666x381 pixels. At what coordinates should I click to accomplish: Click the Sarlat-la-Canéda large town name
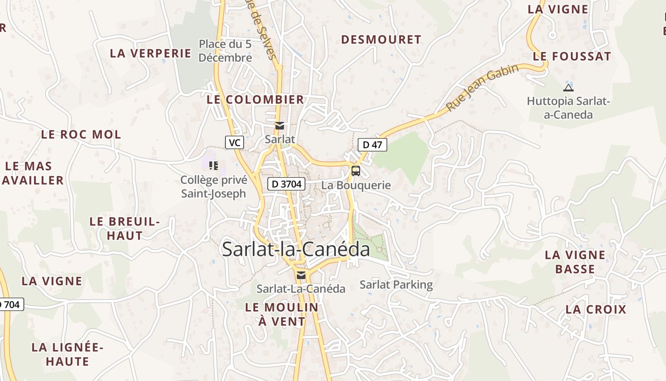296,250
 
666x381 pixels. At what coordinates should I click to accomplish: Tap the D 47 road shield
372,145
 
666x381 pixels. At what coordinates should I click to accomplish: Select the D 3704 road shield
286,184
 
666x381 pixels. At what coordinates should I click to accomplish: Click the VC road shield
234,142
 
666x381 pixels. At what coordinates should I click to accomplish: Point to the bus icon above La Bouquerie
356,170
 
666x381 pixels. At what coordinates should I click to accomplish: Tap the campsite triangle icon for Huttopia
568,88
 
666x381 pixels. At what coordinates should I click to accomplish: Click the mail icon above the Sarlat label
280,126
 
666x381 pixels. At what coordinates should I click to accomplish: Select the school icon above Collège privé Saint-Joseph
214,166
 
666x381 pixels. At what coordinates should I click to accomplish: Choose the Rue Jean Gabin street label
482,88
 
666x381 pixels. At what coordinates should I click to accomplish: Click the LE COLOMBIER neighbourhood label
255,100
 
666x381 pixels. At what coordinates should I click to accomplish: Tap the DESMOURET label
381,40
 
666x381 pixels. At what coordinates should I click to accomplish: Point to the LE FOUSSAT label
571,56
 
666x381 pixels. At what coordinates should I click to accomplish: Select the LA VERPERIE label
150,53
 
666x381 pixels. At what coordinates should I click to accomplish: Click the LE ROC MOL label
81,134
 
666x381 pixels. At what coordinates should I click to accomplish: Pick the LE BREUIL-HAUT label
125,228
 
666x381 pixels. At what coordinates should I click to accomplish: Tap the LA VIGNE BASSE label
575,262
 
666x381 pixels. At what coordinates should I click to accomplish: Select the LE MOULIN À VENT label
282,314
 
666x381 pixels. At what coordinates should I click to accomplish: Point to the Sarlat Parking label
396,285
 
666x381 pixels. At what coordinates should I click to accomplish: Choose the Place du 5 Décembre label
225,51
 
